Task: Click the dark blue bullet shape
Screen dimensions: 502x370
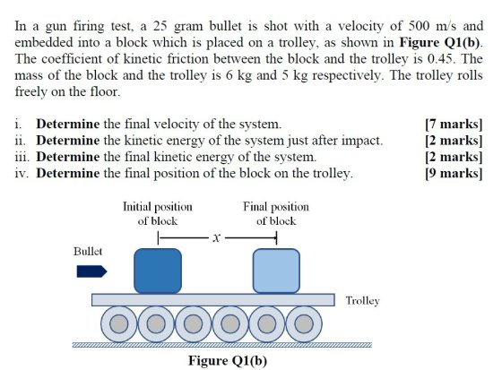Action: point(91,271)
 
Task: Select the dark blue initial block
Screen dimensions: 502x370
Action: point(158,271)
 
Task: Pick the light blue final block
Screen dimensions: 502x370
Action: point(277,271)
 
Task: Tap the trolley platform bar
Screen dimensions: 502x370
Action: point(213,300)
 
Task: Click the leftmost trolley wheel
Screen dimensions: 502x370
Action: point(118,324)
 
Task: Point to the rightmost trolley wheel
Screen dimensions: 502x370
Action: point(304,324)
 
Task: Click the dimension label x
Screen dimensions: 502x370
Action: point(217,237)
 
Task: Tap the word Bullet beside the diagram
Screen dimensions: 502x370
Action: point(88,251)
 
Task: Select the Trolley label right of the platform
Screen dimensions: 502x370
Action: point(363,301)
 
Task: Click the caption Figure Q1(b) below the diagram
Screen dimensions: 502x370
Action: point(228,361)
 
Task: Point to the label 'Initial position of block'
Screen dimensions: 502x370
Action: point(158,213)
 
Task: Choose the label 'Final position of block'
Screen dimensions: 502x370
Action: point(276,213)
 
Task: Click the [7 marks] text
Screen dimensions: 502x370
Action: point(454,125)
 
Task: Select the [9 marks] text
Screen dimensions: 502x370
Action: point(454,174)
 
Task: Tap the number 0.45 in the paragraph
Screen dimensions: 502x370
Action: point(439,58)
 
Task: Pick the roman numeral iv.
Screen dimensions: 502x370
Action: point(22,174)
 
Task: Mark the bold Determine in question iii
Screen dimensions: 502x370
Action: point(68,157)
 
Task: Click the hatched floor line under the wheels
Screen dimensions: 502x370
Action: point(222,345)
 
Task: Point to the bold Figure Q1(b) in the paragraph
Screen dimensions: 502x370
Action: point(440,42)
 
